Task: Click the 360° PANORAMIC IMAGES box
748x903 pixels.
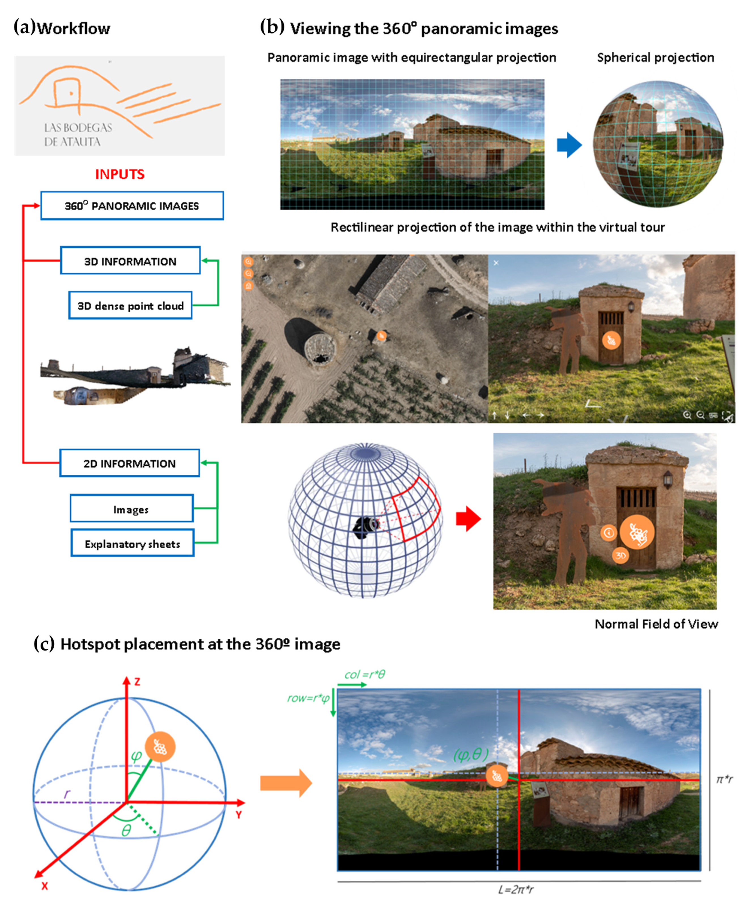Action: coord(132,206)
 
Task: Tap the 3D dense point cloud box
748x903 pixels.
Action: coord(130,305)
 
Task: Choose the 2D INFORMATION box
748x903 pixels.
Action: coord(129,463)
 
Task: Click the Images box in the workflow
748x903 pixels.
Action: coord(131,509)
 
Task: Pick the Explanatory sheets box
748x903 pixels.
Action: coord(132,543)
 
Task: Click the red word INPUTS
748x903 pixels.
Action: coord(120,174)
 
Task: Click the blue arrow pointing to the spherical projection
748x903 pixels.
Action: coord(569,145)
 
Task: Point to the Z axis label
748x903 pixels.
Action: coord(137,682)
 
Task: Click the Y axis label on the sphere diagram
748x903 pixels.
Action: coord(239,814)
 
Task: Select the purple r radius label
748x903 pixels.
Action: coord(67,794)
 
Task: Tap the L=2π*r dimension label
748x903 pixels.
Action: coord(516,889)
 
